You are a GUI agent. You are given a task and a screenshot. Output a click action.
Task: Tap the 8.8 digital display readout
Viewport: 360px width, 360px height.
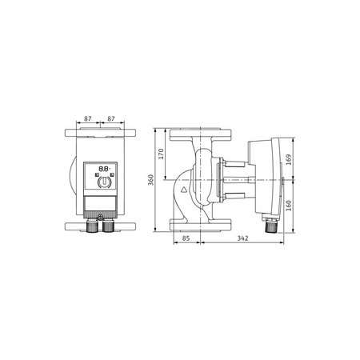[102, 169]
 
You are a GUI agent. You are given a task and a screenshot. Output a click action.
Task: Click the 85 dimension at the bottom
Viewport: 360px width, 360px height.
[185, 238]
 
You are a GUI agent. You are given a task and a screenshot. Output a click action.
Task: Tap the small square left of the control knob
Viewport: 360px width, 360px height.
[92, 181]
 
